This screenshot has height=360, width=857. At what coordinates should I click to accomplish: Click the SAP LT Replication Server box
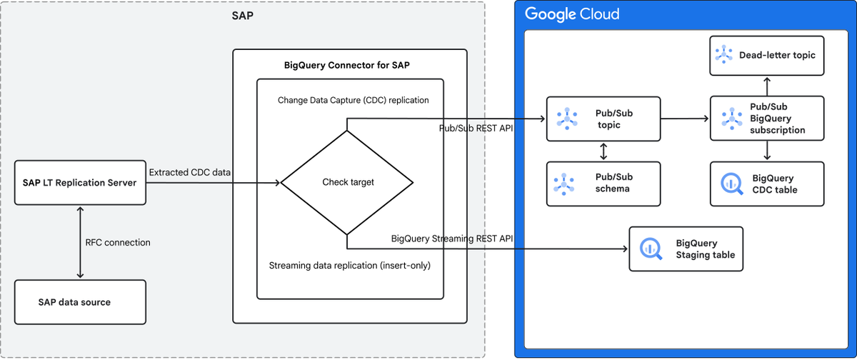(x=80, y=183)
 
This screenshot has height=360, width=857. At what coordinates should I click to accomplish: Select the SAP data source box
(x=80, y=302)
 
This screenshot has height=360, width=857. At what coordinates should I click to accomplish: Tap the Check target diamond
(x=347, y=182)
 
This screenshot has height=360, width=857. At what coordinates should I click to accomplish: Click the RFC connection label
(x=118, y=242)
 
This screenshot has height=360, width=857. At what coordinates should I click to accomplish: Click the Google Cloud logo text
(x=571, y=14)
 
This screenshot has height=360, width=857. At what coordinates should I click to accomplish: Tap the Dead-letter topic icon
(x=725, y=55)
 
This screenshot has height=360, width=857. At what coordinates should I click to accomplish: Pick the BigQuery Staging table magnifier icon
(x=650, y=249)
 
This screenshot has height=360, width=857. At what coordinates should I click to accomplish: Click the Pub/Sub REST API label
(x=476, y=128)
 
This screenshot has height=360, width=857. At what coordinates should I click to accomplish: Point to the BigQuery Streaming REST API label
(x=453, y=238)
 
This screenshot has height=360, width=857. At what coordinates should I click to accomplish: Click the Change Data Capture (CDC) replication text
(x=354, y=100)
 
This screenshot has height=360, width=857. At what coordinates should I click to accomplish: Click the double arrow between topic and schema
(x=604, y=151)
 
